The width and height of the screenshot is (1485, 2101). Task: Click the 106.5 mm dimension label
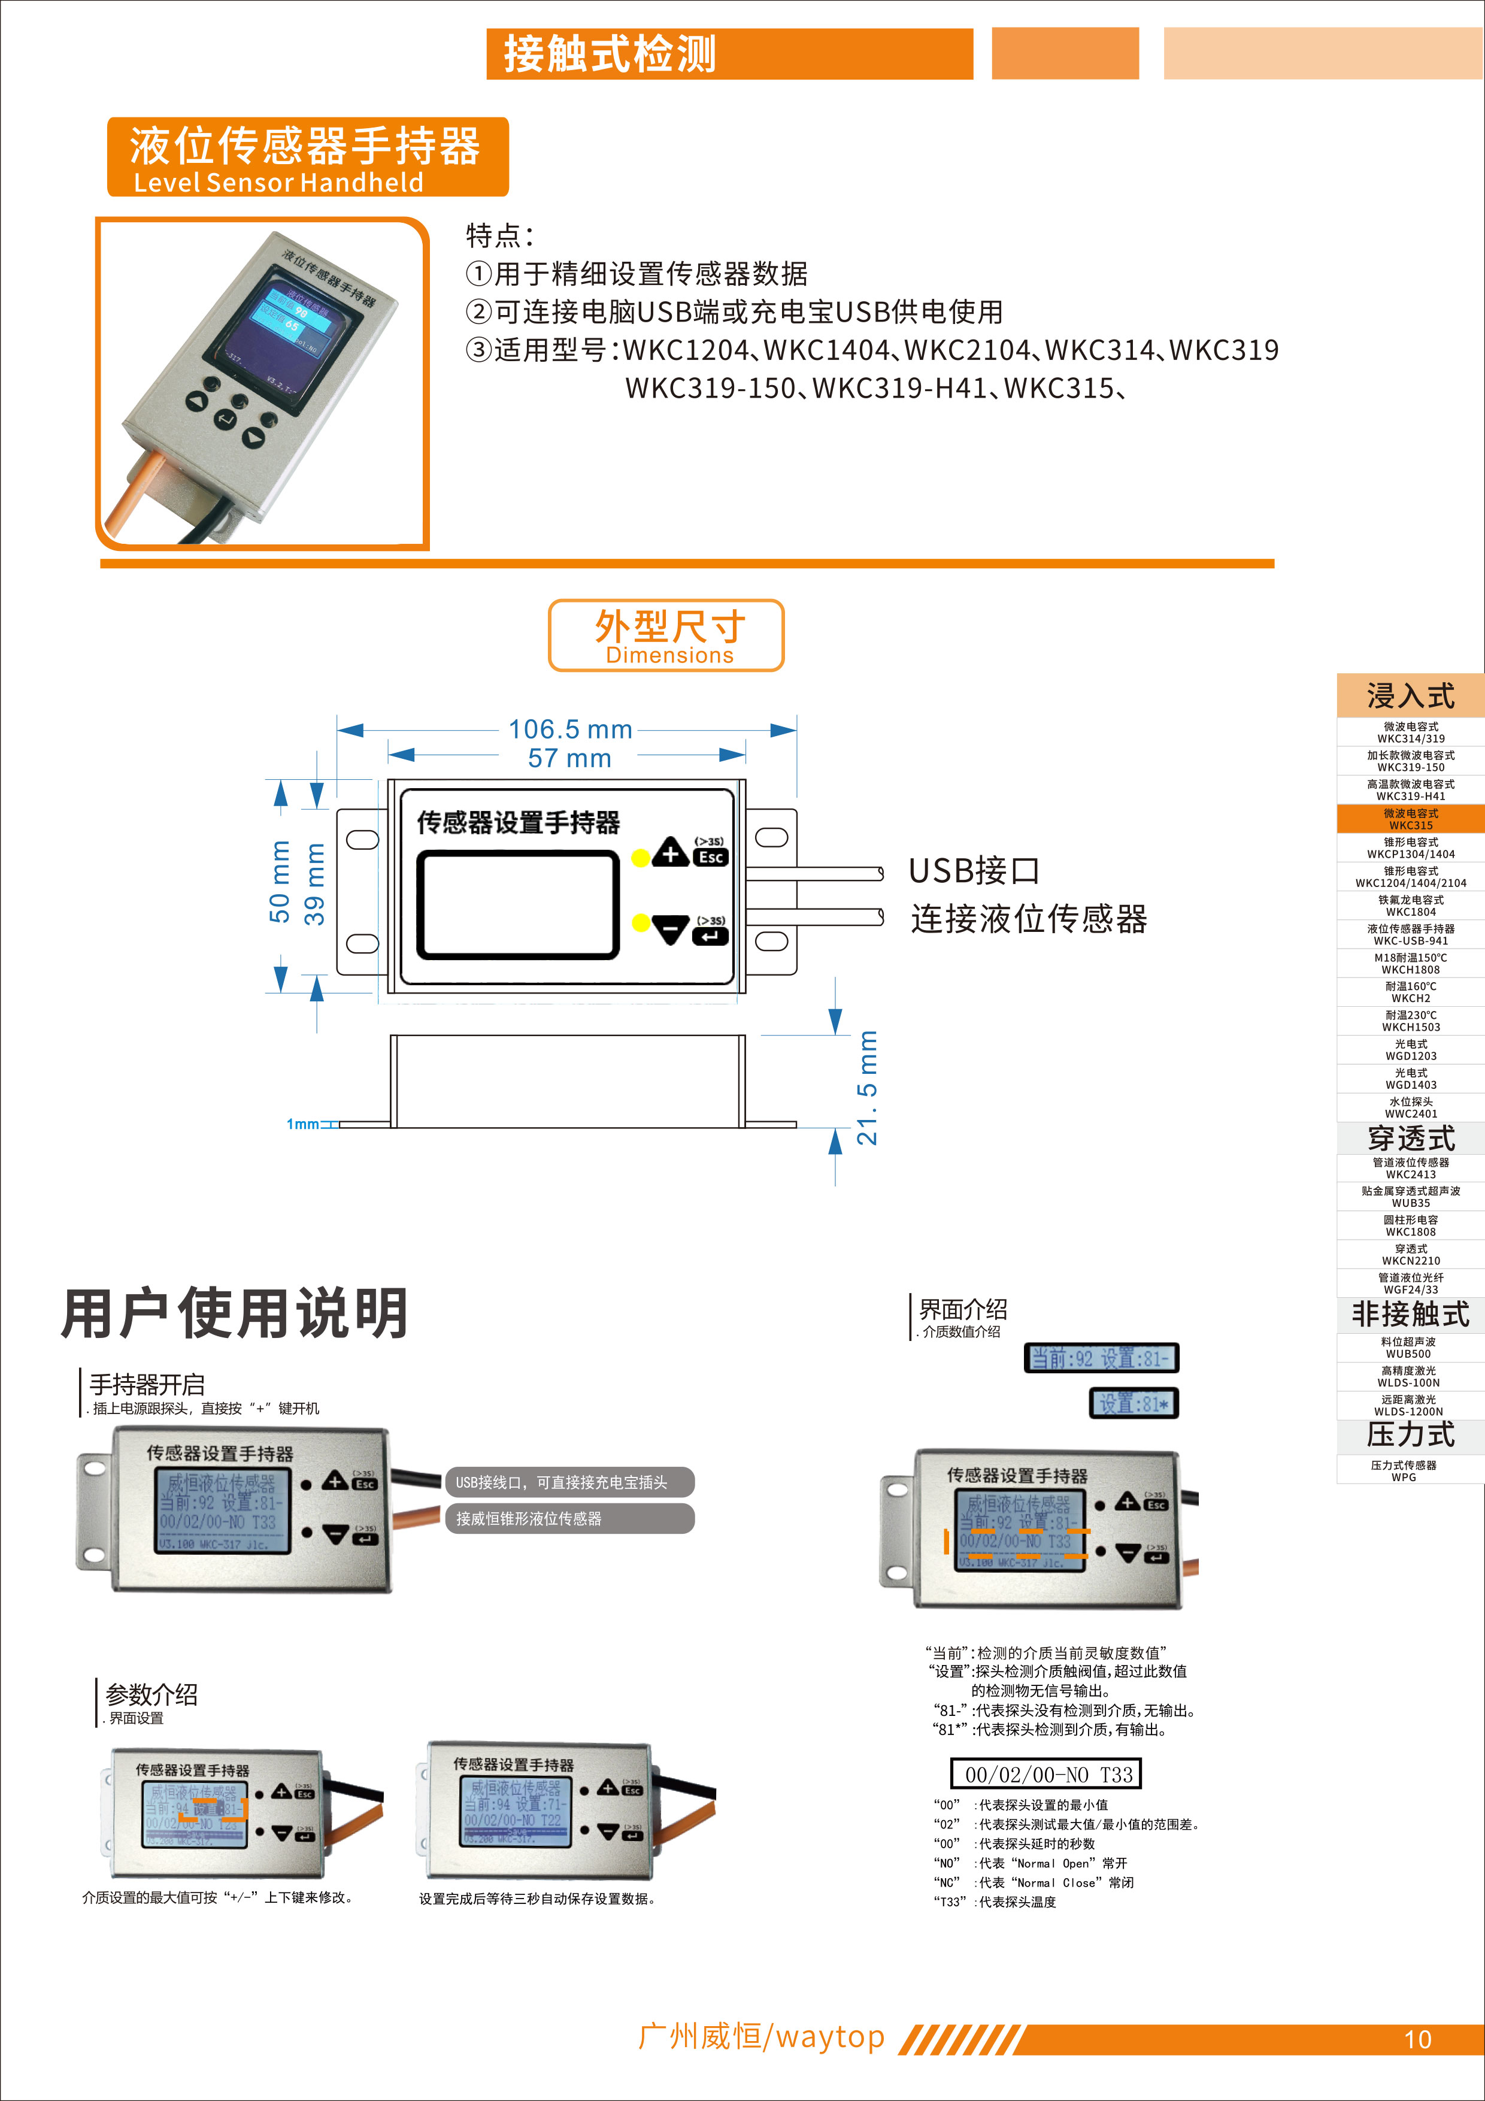click(570, 729)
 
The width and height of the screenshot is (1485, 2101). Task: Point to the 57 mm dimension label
click(569, 758)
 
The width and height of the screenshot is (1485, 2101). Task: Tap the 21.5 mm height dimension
click(866, 1088)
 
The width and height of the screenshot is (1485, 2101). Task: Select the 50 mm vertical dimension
click(279, 881)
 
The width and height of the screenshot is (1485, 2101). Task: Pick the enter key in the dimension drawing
click(711, 935)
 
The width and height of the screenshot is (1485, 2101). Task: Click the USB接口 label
click(974, 870)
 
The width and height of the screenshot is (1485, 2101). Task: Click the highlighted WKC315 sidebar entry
click(1410, 819)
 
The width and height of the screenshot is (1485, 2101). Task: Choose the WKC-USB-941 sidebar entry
click(1410, 934)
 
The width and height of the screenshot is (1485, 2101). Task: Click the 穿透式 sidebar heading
click(1410, 1139)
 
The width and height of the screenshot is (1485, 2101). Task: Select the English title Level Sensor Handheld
click(278, 182)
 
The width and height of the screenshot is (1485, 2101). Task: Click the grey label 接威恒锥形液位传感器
click(569, 1518)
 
